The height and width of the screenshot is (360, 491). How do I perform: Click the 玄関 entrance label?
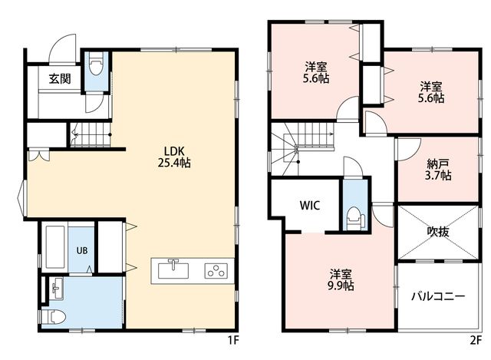point(60,78)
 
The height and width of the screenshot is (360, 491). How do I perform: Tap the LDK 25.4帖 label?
point(174,157)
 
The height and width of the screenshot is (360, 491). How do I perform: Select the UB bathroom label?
point(82,250)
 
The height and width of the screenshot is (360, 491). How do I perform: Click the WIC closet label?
point(310,206)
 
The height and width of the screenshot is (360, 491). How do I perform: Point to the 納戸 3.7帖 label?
point(438,170)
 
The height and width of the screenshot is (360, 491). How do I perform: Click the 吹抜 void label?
point(438,232)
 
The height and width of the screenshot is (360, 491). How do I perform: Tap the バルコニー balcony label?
point(438,296)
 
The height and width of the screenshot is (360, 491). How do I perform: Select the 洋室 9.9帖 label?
point(341,280)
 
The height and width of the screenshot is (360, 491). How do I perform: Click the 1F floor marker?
point(233,340)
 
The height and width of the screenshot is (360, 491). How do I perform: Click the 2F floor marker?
point(476,340)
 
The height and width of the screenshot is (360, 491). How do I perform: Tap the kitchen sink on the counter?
point(173,269)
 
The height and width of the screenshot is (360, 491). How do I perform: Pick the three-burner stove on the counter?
point(216,271)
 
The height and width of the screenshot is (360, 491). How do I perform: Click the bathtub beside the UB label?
point(55,247)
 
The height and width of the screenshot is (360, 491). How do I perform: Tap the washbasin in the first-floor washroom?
point(57,289)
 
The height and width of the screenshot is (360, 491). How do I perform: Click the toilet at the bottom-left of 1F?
point(53,317)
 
